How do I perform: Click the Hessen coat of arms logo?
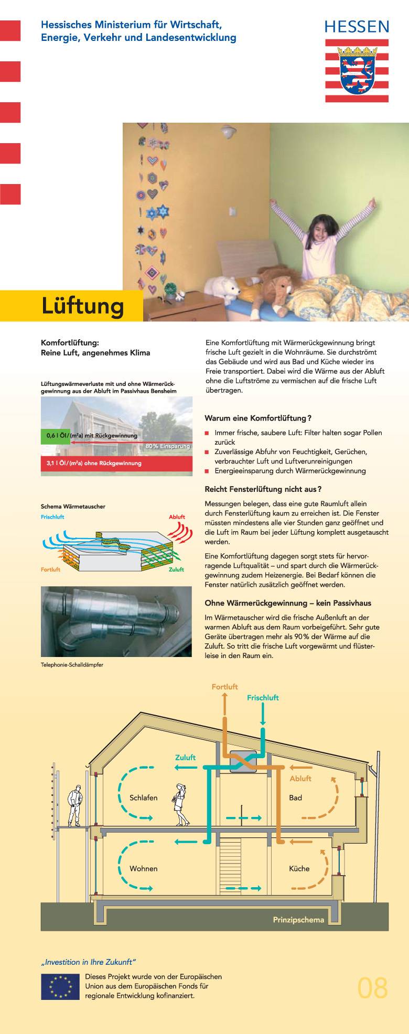coord(357,71)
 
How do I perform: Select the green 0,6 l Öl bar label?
coord(55,436)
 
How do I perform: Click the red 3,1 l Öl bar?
coord(116,464)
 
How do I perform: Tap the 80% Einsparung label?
coord(167,446)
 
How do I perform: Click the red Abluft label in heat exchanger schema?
coord(177,517)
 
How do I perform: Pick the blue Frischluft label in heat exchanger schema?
coord(52,517)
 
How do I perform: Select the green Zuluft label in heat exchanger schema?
coord(176,569)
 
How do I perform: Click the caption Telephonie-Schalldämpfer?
coord(72,665)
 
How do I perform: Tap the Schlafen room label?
coord(143,798)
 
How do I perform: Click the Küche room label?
coord(299,868)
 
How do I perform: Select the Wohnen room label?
coord(143,868)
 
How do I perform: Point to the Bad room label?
coord(295,798)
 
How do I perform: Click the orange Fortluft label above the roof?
coord(224,686)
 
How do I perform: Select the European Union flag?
coord(60,987)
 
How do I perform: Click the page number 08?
coord(372,988)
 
